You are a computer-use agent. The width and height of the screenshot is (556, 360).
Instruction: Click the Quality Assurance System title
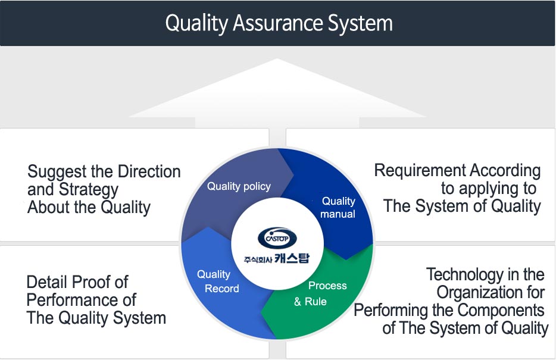click(279, 23)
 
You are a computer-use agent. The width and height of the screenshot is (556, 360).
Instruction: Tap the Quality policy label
click(239, 186)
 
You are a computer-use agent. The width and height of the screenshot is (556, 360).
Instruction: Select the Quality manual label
click(338, 208)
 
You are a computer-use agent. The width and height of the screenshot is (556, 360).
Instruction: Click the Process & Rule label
click(320, 293)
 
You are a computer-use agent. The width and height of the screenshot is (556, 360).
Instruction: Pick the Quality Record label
click(218, 281)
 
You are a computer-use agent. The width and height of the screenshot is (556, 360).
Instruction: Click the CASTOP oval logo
click(277, 238)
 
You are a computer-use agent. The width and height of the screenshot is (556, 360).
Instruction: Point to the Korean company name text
click(277, 258)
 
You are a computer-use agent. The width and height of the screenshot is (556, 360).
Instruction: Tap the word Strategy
click(88, 190)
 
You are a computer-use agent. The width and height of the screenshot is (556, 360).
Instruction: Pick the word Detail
click(46, 282)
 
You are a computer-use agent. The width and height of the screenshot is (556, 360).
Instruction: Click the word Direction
click(149, 171)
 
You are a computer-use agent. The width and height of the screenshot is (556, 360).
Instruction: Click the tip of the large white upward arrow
click(277, 59)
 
